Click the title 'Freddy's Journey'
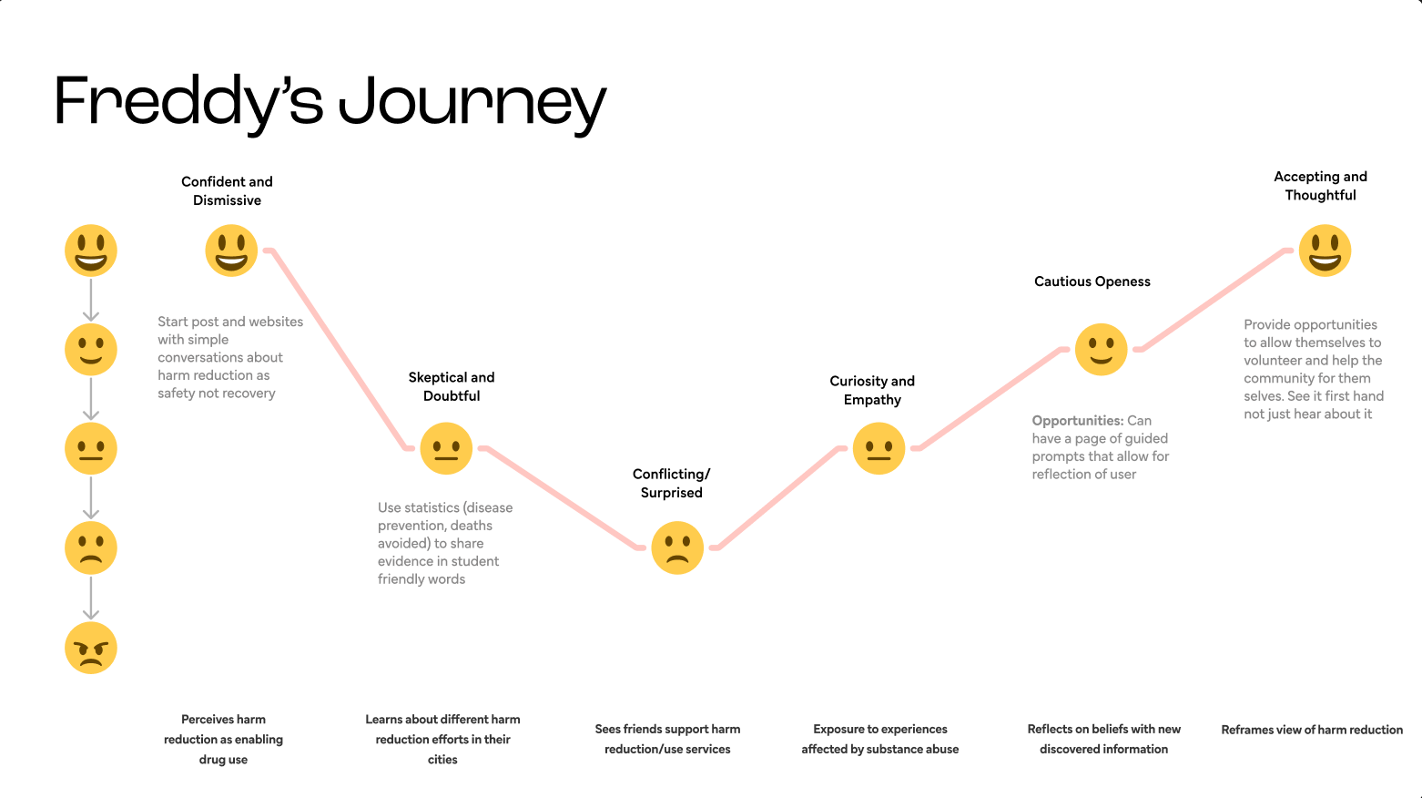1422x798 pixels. coord(330,102)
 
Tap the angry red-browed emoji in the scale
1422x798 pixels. coord(91,648)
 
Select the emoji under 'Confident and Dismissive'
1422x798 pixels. coord(231,251)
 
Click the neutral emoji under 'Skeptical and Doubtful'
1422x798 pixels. coord(446,448)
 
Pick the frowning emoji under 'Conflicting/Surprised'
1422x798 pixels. coord(677,547)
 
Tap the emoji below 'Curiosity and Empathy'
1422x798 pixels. coord(879,448)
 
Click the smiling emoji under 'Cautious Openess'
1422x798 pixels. coord(1101,349)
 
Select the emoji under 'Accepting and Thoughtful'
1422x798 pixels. coord(1325,251)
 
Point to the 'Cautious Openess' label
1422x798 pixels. coord(1092,281)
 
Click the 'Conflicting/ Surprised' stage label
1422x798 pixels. coord(671,483)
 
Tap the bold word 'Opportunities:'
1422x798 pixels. coord(1077,421)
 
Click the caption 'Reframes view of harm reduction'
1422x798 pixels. coord(1311,730)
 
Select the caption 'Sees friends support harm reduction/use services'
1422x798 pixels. coord(667,739)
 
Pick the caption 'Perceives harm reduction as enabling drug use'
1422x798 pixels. coord(223,739)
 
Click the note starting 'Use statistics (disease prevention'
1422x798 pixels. coord(445,543)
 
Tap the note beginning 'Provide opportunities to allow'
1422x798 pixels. coord(1313,369)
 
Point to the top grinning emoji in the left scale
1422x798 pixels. coord(91,251)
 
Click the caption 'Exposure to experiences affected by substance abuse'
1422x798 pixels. coord(879,739)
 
